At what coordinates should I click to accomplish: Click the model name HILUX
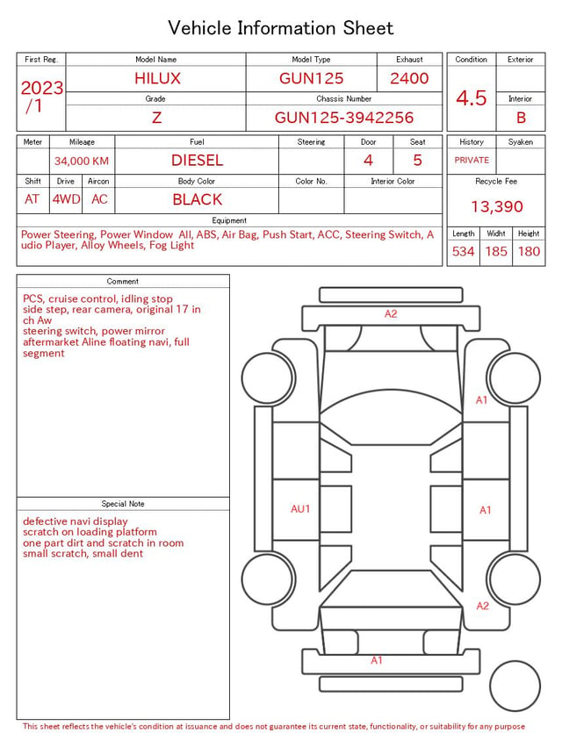(x=157, y=78)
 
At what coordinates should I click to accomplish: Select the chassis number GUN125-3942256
(x=344, y=118)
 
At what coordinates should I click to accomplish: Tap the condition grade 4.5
(x=472, y=98)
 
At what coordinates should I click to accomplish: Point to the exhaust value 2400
(x=409, y=78)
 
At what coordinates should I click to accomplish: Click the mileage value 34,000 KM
(x=82, y=162)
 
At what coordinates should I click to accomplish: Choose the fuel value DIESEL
(x=198, y=161)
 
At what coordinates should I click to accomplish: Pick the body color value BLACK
(x=198, y=199)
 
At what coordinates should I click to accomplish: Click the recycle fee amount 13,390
(x=497, y=206)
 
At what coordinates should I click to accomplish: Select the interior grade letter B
(x=521, y=118)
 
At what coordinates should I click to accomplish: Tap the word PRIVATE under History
(x=472, y=161)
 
